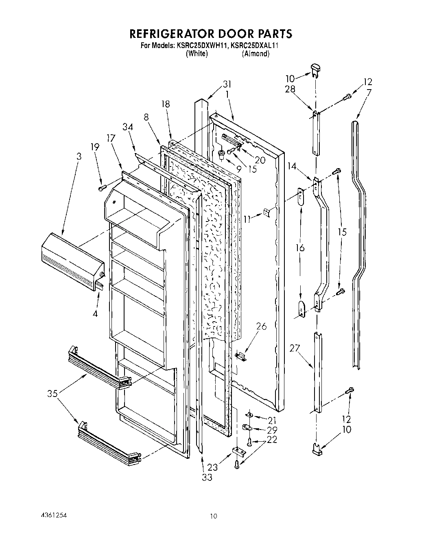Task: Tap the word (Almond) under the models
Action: (255, 54)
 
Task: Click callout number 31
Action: (227, 84)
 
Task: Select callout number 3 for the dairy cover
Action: (79, 156)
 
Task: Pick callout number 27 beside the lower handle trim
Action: (295, 348)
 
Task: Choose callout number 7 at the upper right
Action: (368, 92)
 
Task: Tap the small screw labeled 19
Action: (102, 188)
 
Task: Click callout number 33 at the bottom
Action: (207, 477)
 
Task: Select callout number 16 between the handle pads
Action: (300, 248)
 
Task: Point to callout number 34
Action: (127, 127)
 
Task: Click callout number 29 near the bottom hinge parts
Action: (272, 430)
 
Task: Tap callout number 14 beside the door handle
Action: (291, 166)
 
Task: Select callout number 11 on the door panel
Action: (247, 218)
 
